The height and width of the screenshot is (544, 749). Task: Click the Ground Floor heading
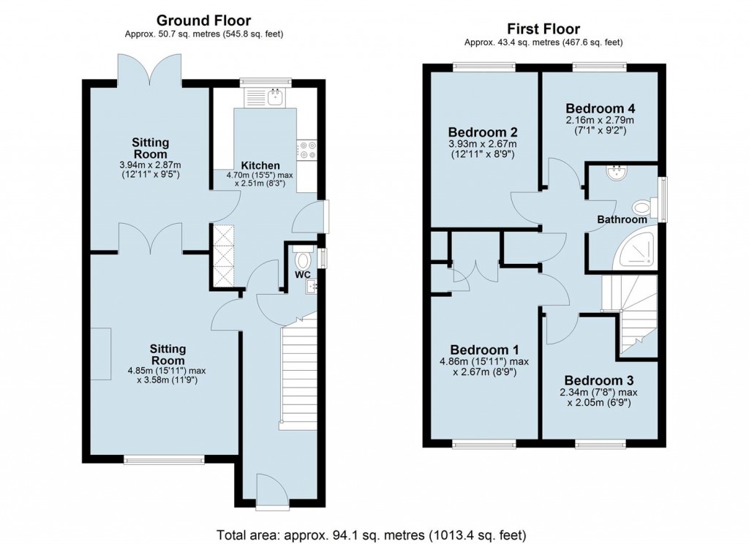pyautogui.click(x=204, y=20)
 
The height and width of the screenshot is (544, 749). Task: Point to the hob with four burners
pyautogui.click(x=306, y=150)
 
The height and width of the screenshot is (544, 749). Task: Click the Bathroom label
pyautogui.click(x=622, y=219)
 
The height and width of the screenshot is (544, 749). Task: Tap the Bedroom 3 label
pyautogui.click(x=598, y=380)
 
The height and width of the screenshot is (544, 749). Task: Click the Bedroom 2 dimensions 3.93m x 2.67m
pyautogui.click(x=482, y=144)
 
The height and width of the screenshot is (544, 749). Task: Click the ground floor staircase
pyautogui.click(x=298, y=373)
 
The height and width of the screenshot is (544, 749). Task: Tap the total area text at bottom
pyautogui.click(x=372, y=534)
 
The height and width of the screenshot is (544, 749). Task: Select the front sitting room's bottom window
pyautogui.click(x=164, y=459)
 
